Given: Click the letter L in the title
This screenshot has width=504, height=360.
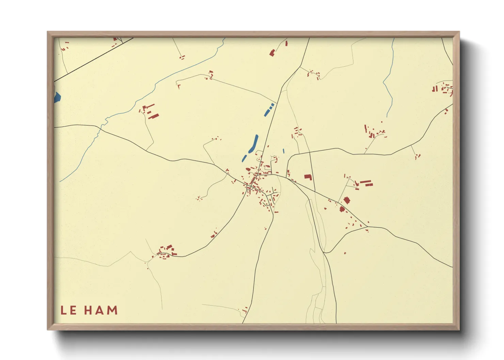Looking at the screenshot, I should (x=64, y=310).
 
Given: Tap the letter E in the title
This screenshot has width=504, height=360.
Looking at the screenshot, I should (x=73, y=310).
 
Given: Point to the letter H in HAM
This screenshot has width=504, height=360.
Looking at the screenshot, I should (x=89, y=310).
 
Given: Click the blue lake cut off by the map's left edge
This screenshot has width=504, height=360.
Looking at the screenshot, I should (x=57, y=97).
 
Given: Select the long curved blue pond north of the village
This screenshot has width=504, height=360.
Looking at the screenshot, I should (x=254, y=144).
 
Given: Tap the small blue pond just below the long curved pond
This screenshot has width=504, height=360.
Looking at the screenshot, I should (x=244, y=158).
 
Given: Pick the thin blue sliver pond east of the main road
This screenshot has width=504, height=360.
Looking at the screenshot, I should (x=283, y=151).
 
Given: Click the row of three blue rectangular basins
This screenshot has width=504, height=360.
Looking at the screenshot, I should (x=269, y=109).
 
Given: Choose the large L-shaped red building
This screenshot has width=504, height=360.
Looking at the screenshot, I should (x=308, y=177).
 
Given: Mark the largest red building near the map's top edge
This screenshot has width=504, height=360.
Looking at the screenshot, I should (x=272, y=53).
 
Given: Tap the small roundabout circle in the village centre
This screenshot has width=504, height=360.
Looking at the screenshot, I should (x=249, y=187).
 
